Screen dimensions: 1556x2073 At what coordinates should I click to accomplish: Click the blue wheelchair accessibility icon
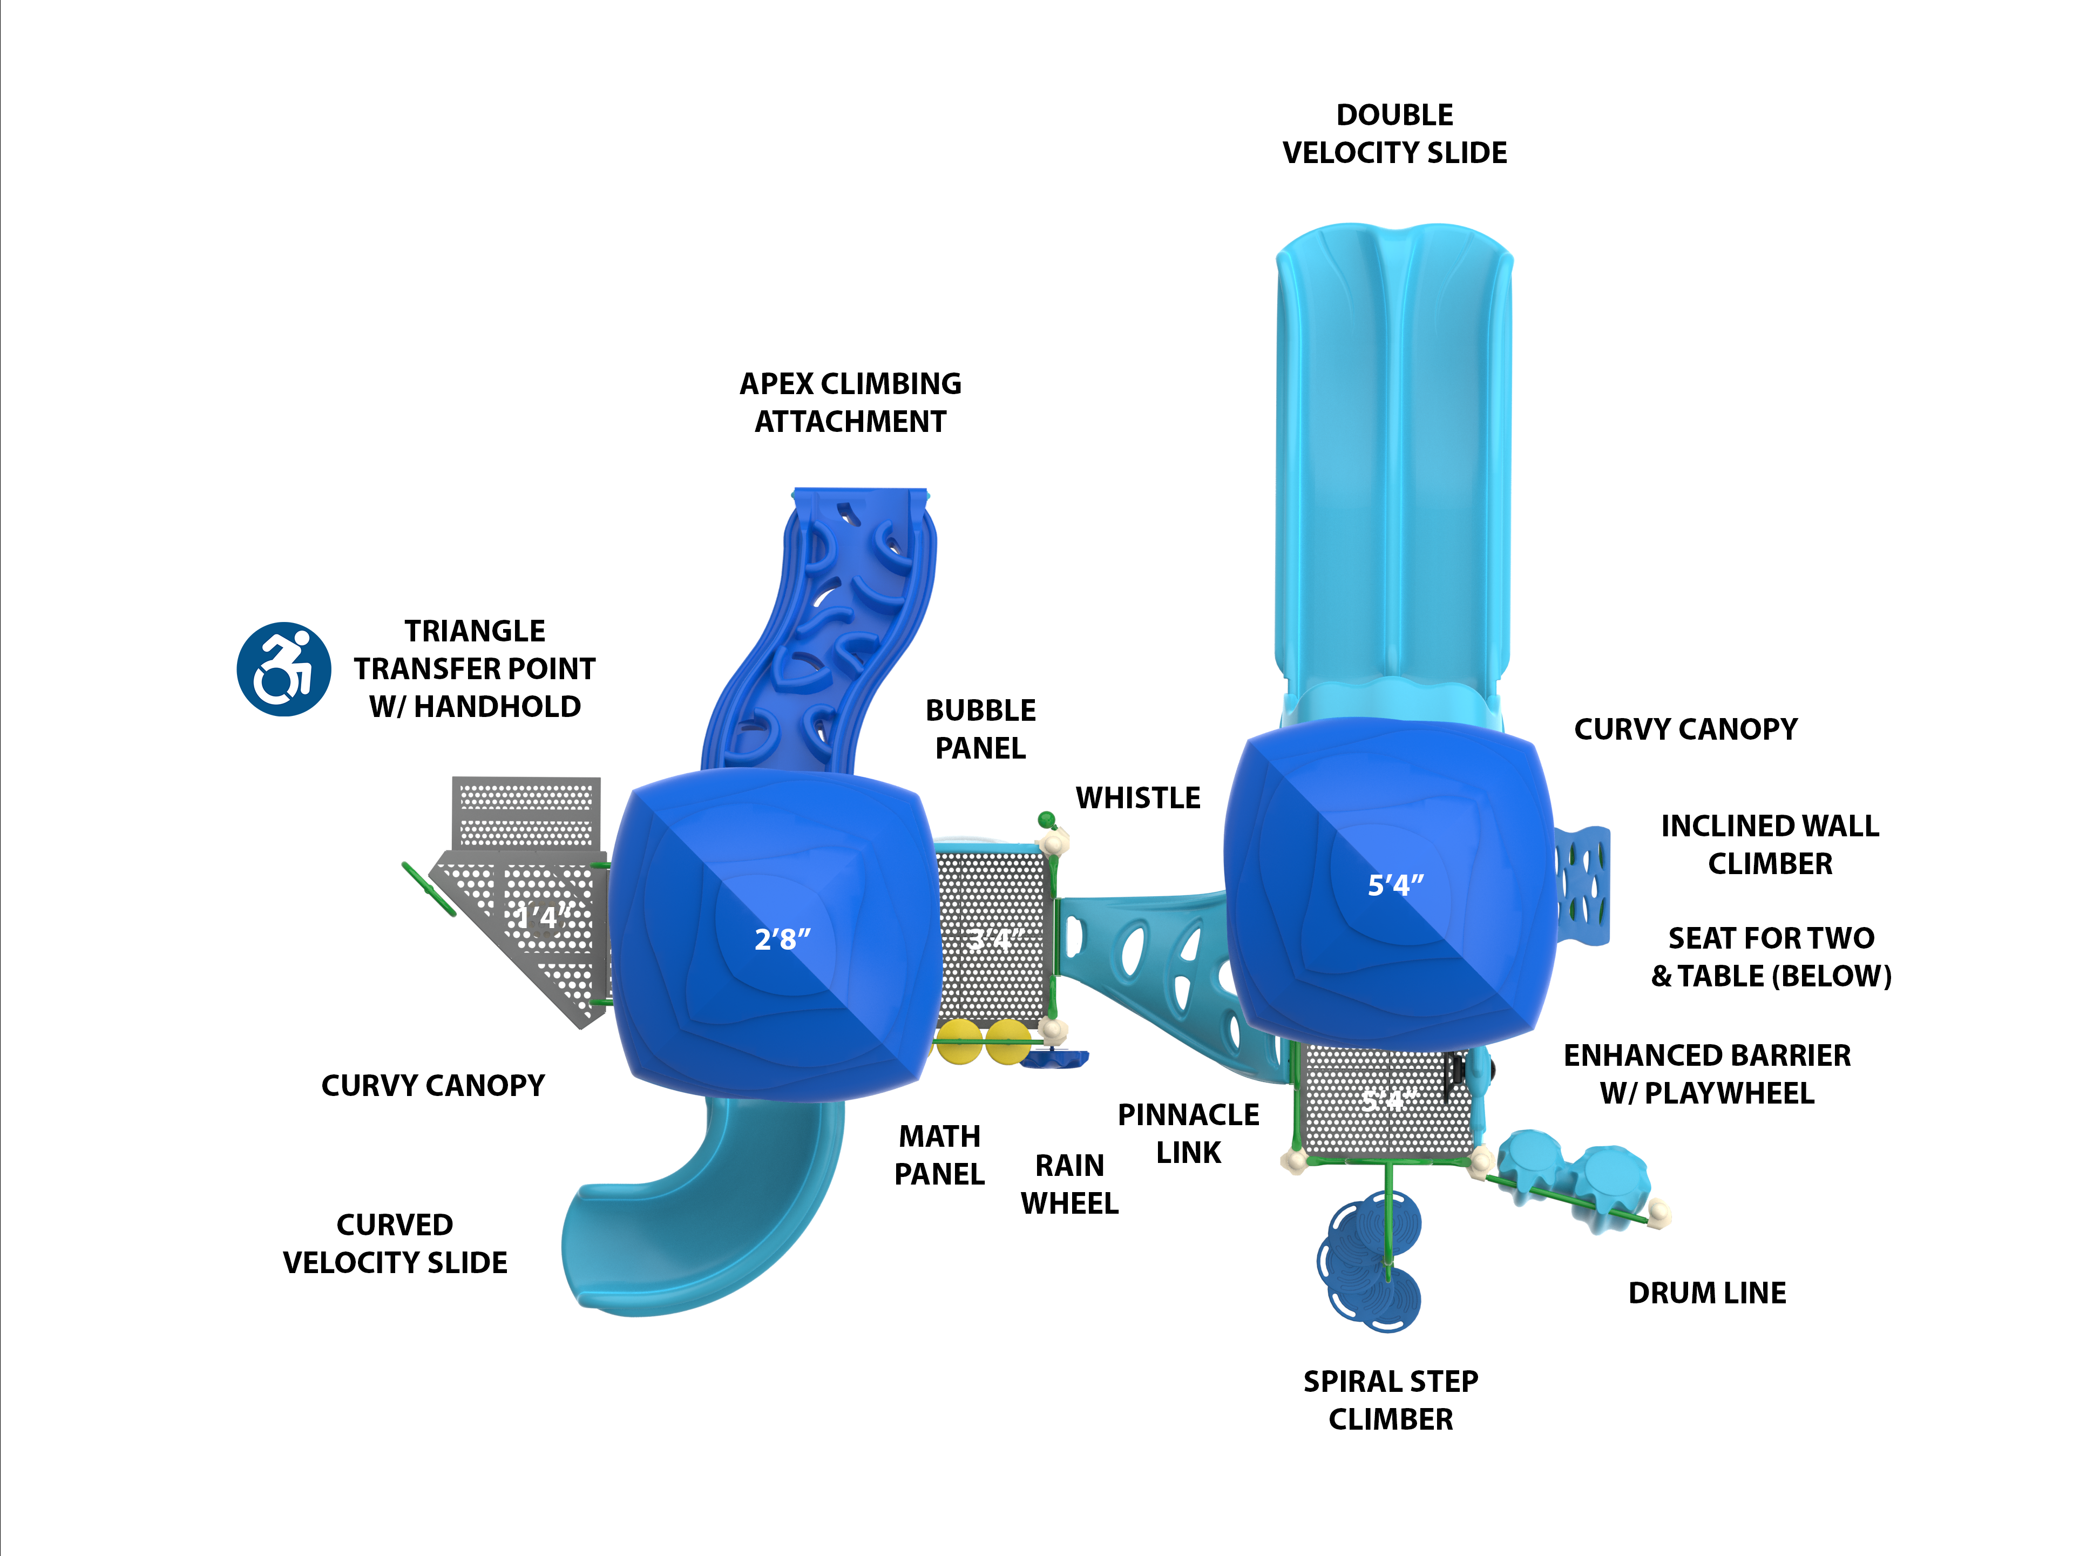[283, 669]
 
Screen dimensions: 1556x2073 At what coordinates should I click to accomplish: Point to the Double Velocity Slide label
[1394, 134]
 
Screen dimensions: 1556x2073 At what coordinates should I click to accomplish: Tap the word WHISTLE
[1137, 797]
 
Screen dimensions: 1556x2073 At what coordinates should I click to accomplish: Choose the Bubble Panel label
[980, 729]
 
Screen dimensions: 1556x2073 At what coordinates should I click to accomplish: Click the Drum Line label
[1706, 1293]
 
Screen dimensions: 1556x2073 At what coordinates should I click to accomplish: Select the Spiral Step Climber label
[1391, 1399]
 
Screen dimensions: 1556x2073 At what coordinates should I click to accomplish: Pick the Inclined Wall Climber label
[1770, 844]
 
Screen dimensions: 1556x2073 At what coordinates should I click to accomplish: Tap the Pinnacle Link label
[1188, 1133]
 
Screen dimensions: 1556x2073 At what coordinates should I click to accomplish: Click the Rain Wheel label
[1069, 1184]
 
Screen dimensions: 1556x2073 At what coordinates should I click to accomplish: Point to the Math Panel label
[939, 1155]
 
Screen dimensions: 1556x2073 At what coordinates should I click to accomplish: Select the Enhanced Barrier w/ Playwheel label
[1706, 1074]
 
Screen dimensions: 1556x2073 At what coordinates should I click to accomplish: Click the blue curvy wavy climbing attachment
[825, 638]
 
